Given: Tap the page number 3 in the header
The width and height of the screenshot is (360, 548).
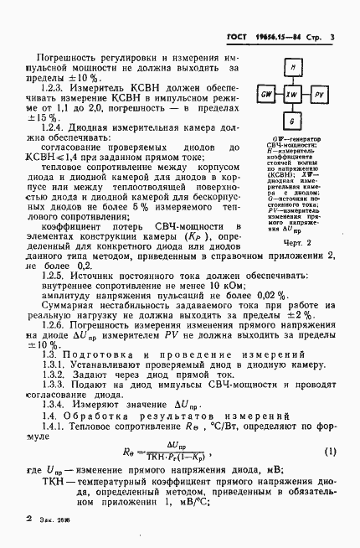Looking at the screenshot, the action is pos(332,36).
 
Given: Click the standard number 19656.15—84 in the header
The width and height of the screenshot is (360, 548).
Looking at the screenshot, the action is pos(276,36).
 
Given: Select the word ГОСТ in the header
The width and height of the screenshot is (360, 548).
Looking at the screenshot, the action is pos(239,36).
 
